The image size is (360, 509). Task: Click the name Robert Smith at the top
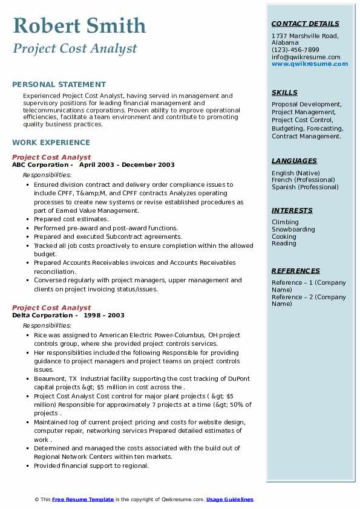pos(79,25)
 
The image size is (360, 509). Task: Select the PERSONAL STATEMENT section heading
pos(59,85)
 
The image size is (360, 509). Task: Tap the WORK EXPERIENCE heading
pos(51,143)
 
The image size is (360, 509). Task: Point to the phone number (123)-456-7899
pos(295,50)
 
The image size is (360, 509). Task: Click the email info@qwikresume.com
pos(306,57)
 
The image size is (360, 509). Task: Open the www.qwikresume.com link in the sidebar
pos(310,63)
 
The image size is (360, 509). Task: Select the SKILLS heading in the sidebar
pos(284,92)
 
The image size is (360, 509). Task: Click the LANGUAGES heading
pos(294,161)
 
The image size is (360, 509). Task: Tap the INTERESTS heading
pos(292,210)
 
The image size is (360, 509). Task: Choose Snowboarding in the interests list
pos(293,230)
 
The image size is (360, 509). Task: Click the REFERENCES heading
pos(296,271)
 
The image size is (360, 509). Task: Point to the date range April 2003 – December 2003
pos(126,165)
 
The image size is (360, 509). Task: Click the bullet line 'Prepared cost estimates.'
pos(71,219)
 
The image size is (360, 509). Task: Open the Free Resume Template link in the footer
pos(82,499)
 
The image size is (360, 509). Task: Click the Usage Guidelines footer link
pos(229,499)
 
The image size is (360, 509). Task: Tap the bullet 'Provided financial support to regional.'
pos(91,466)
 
